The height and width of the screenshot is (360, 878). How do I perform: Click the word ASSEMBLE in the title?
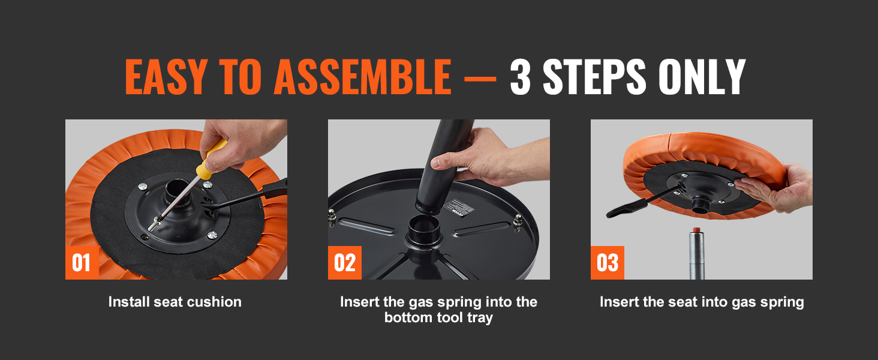point(363,77)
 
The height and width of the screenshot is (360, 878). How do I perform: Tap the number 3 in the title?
point(520,77)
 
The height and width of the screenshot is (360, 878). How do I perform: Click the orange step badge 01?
point(82,263)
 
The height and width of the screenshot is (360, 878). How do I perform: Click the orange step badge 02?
point(344,263)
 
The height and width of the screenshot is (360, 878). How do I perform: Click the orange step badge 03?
point(607,263)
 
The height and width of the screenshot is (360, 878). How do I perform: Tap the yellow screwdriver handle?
point(214,158)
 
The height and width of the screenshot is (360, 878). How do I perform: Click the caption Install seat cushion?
point(175,302)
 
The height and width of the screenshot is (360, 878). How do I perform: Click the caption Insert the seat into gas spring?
point(702,302)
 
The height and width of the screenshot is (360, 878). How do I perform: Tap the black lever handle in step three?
point(624,208)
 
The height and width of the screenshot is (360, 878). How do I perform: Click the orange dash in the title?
point(480,79)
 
